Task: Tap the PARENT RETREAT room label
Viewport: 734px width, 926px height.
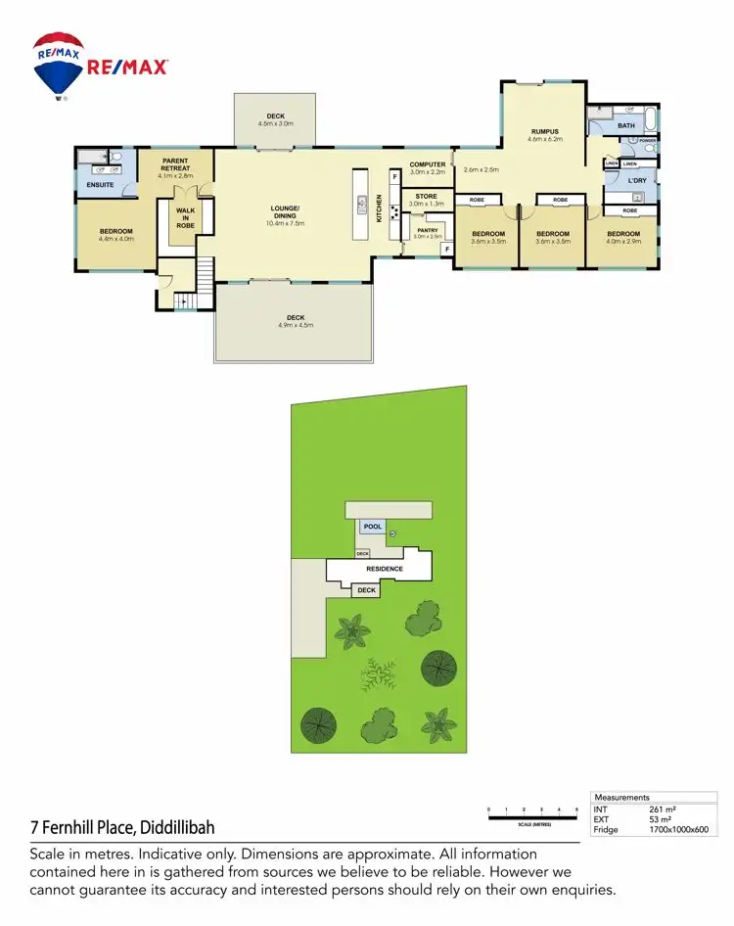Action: [176, 164]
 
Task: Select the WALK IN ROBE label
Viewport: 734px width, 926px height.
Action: [185, 218]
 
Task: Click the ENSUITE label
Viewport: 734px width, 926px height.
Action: [101, 184]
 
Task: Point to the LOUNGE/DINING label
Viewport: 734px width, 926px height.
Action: [285, 210]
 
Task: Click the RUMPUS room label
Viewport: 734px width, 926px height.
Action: [544, 131]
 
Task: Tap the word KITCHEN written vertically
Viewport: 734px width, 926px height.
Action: [380, 208]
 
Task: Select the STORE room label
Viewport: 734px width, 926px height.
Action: [426, 196]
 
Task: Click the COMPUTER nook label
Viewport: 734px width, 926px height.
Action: [428, 164]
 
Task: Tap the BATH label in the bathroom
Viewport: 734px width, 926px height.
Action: [626, 125]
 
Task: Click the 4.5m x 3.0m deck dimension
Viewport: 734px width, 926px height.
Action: [275, 124]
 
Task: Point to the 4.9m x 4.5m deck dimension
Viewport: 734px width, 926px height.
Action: [296, 324]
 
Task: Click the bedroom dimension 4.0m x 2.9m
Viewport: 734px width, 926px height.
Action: [623, 241]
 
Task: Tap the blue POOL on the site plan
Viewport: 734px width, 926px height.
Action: [372, 527]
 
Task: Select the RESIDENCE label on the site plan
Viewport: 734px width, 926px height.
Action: [385, 569]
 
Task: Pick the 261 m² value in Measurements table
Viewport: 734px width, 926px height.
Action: [663, 810]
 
